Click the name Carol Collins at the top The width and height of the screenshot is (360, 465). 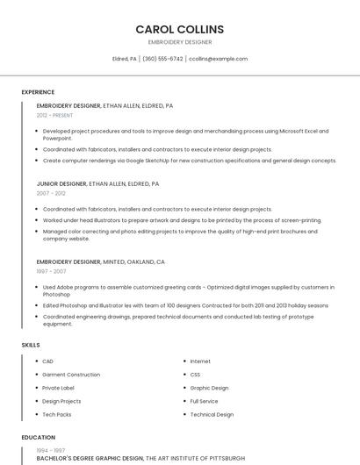point(179,29)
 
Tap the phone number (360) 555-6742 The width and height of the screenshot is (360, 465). point(162,59)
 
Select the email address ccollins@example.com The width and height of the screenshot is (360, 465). point(219,59)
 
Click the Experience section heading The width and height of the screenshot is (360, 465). point(38,92)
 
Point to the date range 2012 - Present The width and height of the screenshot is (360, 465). point(54,115)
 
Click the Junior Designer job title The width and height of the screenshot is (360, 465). point(61,184)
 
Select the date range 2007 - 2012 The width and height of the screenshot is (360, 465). point(51,193)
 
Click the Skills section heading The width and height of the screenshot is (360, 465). point(31,345)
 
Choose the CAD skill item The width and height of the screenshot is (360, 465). point(47,361)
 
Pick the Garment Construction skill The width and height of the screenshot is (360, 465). point(71,375)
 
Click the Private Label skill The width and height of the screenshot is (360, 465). point(58,388)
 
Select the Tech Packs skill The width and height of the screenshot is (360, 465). point(56,414)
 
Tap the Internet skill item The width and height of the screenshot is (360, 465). point(200,361)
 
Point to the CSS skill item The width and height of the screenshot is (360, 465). point(195,375)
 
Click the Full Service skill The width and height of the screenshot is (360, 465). point(204,401)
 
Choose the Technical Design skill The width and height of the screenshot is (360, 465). point(212,414)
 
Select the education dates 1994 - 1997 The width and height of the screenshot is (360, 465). point(50,450)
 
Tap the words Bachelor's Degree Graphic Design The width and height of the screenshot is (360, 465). point(90,458)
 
